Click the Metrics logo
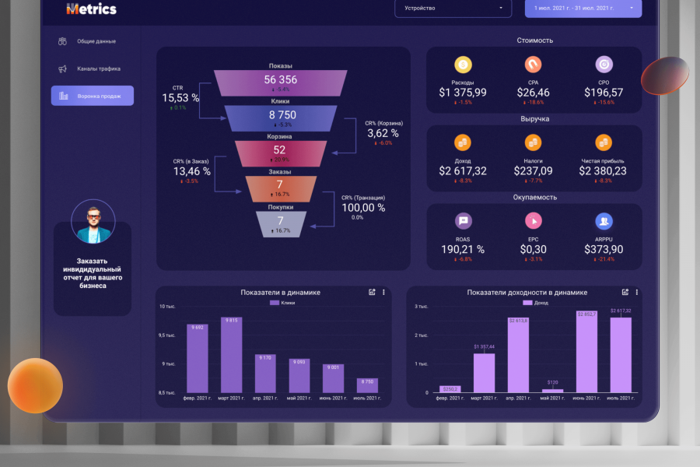[x=92, y=9]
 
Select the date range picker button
[x=583, y=9]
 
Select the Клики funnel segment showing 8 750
[x=281, y=118]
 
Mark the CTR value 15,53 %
[x=180, y=98]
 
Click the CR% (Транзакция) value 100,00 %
[x=363, y=208]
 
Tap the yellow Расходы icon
[x=463, y=65]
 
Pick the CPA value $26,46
[x=534, y=93]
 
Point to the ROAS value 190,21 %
[x=463, y=249]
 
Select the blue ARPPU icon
[x=604, y=221]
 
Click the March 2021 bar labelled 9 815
[x=231, y=355]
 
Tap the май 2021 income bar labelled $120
[x=553, y=390]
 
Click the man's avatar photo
[x=93, y=221]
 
